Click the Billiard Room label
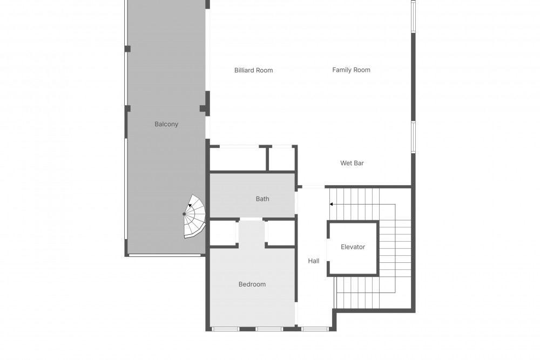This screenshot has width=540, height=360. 253,70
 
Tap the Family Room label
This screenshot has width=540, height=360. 352,70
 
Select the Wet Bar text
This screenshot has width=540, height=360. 352,163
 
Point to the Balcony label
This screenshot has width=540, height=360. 166,124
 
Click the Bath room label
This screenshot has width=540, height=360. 262,199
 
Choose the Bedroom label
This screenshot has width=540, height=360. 252,284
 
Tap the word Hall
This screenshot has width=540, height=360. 313,261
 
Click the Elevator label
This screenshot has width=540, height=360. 353,247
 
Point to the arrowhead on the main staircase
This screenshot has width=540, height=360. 332,204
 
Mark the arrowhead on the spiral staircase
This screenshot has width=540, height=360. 190,206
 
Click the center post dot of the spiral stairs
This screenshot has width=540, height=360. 184,214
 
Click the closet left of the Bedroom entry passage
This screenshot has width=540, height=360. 223,233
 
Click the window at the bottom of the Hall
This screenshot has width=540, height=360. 315,329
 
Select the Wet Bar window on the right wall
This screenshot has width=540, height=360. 413,137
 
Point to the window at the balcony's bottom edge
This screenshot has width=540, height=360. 165,255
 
